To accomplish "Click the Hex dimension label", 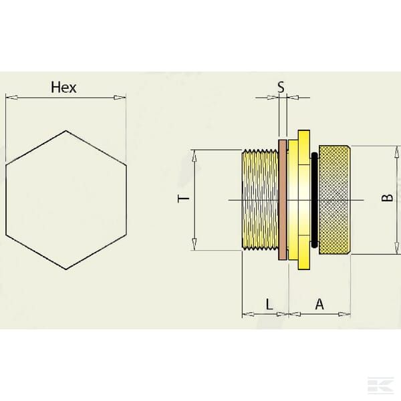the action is [63, 88].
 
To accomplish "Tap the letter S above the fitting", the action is [281, 87].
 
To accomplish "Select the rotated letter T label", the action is [183, 198].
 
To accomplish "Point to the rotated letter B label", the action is [388, 198].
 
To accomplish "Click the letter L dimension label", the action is [269, 304].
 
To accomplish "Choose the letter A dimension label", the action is [319, 304].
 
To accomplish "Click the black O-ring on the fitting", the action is [314, 200].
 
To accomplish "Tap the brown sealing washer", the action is [282, 200].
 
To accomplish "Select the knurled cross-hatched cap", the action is [335, 200].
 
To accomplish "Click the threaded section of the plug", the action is [260, 200].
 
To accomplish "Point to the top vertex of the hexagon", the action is [66, 131].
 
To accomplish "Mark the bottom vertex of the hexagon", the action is [66, 269].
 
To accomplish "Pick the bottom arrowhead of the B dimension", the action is [396, 248].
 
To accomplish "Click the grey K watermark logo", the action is [380, 384].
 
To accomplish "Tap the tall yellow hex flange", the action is [304, 200].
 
